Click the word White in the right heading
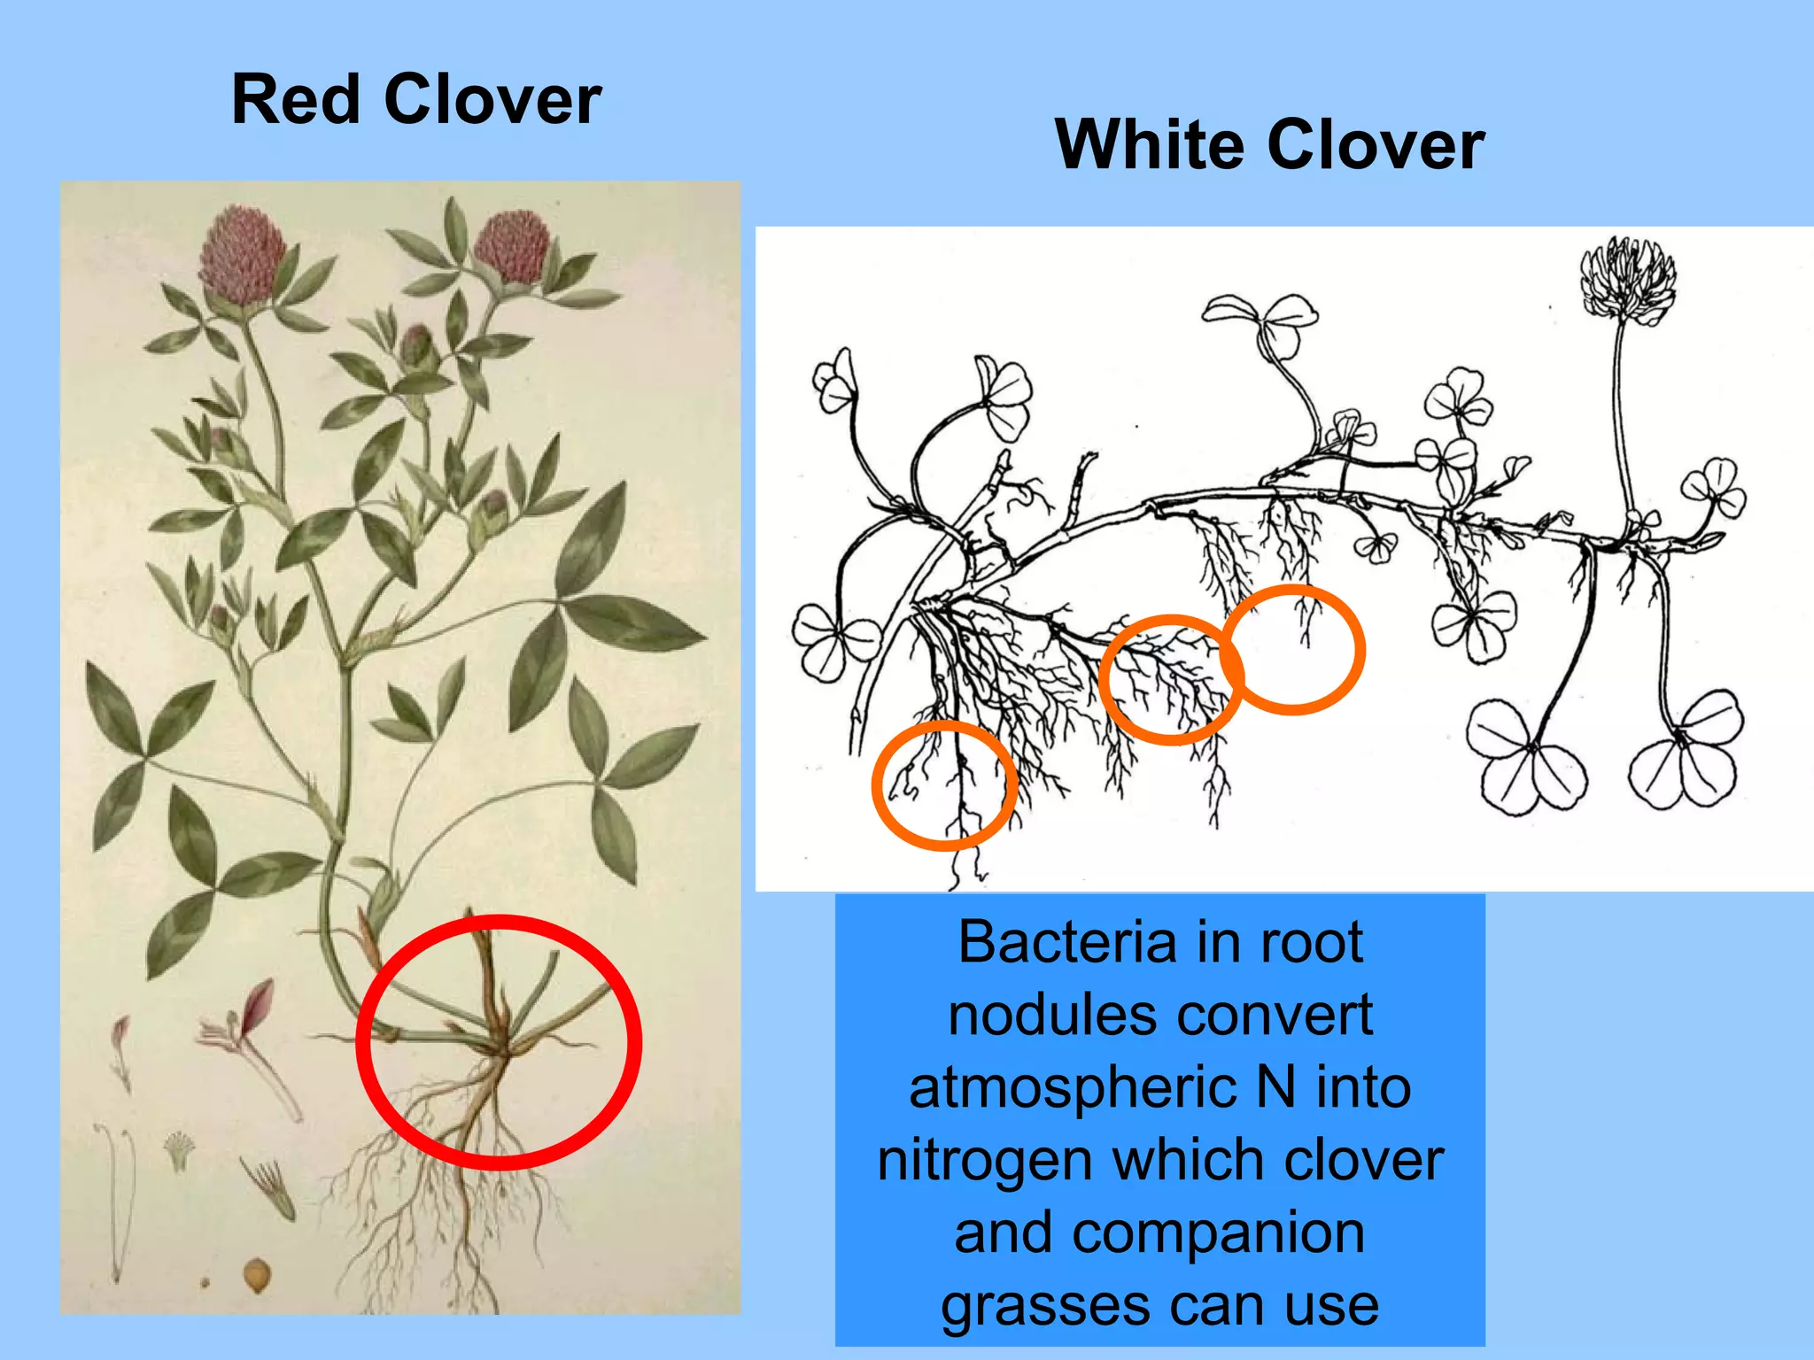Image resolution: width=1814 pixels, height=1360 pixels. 1148,145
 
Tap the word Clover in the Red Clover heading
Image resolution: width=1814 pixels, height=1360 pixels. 492,100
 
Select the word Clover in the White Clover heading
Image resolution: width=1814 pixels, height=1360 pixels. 1375,145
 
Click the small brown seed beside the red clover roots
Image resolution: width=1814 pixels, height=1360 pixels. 257,1275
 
